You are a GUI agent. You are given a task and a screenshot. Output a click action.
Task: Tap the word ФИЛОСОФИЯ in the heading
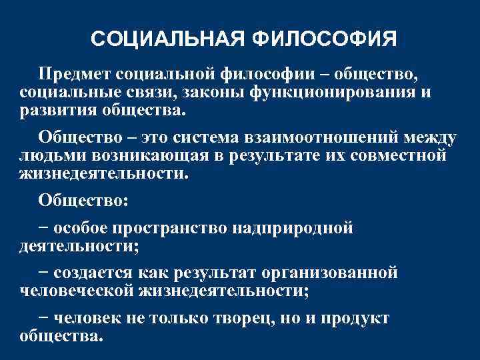point(325,39)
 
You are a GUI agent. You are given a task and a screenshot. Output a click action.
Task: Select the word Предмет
point(75,72)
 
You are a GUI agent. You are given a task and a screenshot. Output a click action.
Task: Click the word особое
point(82,229)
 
